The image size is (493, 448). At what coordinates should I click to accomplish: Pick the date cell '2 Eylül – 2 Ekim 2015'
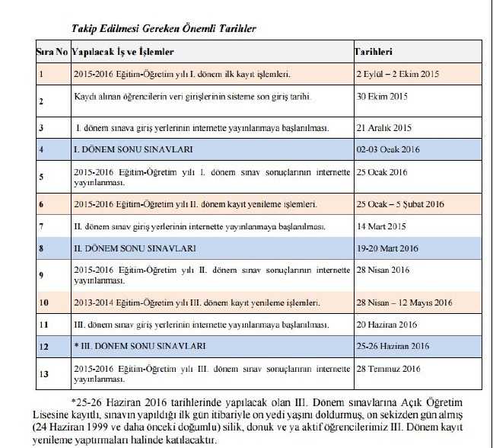pyautogui.click(x=398, y=75)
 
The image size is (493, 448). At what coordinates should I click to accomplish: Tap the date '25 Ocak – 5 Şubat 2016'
pyautogui.click(x=401, y=205)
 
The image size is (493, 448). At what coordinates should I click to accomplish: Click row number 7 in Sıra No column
pyautogui.click(x=41, y=227)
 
